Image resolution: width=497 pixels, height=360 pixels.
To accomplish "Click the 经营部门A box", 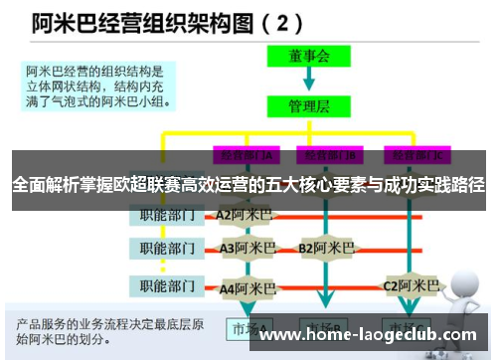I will point(243,155).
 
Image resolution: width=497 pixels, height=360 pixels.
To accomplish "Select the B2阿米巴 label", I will point(326,248).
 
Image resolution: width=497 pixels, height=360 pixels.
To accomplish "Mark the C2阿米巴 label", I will point(411,286).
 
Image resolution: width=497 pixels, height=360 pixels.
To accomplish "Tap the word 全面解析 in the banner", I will point(44,184).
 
